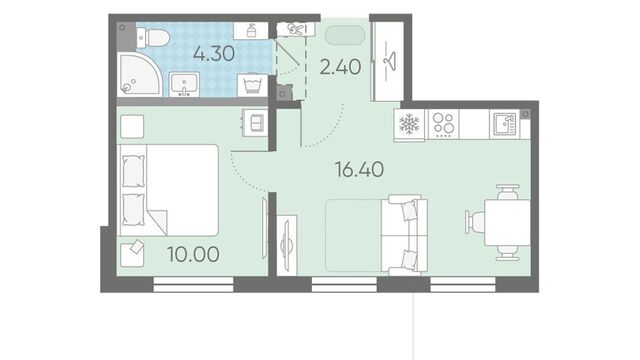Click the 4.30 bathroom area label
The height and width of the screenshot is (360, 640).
click(214, 53)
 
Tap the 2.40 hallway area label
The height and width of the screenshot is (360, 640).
click(340, 67)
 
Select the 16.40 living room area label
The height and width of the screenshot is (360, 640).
click(359, 169)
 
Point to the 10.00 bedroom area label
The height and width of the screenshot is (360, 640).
click(193, 254)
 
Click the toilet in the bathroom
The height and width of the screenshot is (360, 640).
click(153, 38)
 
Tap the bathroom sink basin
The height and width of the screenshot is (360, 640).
click(184, 84)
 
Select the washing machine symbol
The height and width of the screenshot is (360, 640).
click(252, 85)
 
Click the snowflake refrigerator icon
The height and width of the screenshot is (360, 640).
click(409, 124)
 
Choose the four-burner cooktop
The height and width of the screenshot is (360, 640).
click(444, 124)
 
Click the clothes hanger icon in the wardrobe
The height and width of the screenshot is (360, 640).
click(391, 61)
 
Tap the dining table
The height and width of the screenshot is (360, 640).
click(507, 222)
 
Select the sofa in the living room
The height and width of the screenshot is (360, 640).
click(404, 234)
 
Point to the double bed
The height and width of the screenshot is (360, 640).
click(168, 190)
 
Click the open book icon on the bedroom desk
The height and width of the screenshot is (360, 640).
click(257, 123)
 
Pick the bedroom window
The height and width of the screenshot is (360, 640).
click(193, 284)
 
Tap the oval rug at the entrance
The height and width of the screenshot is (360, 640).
click(345, 36)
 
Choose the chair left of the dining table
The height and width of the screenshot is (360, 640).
click(474, 222)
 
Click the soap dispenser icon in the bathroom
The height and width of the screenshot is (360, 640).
click(251, 31)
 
